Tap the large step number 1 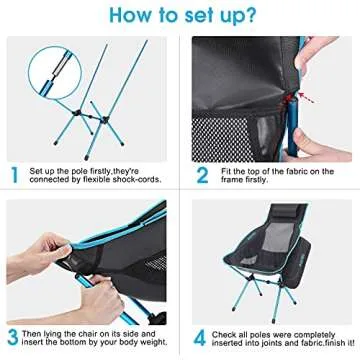[x=13, y=173]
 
